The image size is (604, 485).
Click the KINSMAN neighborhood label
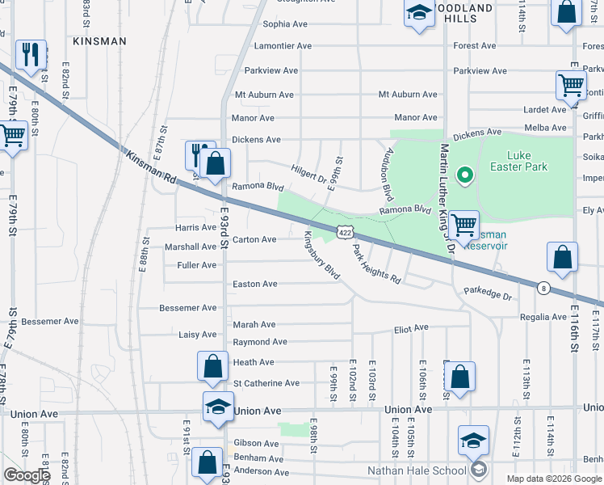[99, 40]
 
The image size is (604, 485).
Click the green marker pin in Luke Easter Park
[464, 174]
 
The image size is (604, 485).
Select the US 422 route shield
[345, 232]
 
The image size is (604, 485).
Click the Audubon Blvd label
[388, 172]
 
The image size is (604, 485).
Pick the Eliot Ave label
[410, 328]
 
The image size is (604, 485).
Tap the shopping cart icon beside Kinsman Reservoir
[463, 224]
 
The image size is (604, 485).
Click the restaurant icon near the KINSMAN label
[31, 54]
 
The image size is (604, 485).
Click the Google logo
[27, 475]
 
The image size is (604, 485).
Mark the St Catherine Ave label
[266, 383]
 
